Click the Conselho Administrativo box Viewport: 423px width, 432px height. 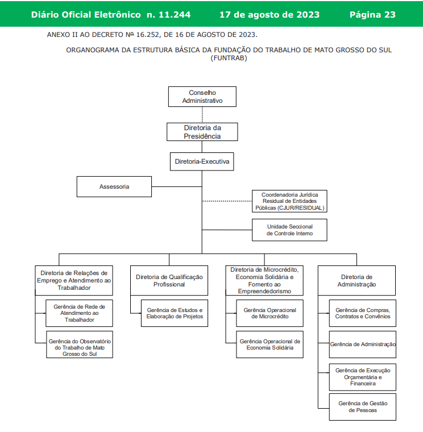(202, 97)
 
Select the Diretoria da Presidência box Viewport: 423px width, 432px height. (202, 132)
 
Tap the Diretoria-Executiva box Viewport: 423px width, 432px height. (202, 161)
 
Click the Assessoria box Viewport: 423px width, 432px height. (114, 187)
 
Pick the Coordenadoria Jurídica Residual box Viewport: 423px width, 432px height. (289, 201)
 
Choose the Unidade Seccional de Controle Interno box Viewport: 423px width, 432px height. (289, 230)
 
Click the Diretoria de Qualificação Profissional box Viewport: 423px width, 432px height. (169, 280)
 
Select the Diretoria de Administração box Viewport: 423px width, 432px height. (356, 280)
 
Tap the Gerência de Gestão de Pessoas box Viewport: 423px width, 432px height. (363, 407)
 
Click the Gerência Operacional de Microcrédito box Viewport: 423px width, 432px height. (270, 313)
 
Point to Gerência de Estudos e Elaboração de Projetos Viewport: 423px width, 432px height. (175, 313)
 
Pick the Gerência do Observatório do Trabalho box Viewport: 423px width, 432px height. (80, 344)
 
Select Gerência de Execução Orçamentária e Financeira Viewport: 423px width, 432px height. (363, 377)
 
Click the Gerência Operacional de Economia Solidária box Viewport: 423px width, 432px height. (270, 344)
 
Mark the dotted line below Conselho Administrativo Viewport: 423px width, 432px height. (202, 115)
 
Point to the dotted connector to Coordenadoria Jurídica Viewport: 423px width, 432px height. (227, 201)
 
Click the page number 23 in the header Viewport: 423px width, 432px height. (390, 15)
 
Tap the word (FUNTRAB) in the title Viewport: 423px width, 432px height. (229, 58)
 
